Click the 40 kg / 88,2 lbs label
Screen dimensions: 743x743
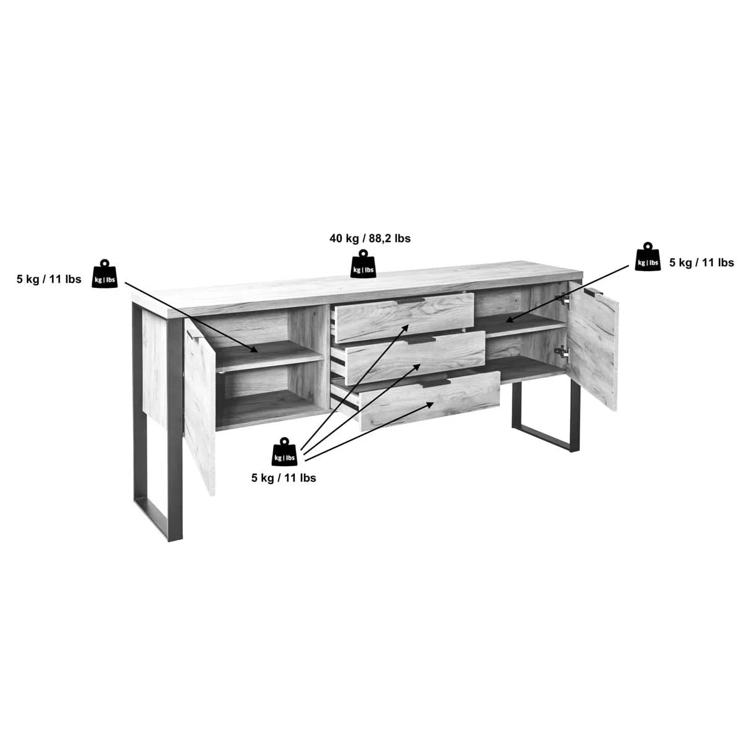[x=370, y=238]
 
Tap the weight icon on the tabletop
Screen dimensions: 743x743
[x=363, y=264]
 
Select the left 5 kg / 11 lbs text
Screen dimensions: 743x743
[x=49, y=279]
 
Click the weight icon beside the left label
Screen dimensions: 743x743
[x=104, y=274]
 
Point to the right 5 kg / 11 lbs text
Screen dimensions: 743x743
[x=702, y=263]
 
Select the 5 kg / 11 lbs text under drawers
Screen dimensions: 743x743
[x=284, y=478]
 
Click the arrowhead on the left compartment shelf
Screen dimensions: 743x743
[x=253, y=349]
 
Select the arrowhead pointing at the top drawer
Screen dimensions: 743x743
[x=405, y=329]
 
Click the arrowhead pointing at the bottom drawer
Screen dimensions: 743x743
[x=429, y=404]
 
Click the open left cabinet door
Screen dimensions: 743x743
[x=199, y=407]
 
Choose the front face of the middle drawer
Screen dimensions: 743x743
[x=415, y=358]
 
